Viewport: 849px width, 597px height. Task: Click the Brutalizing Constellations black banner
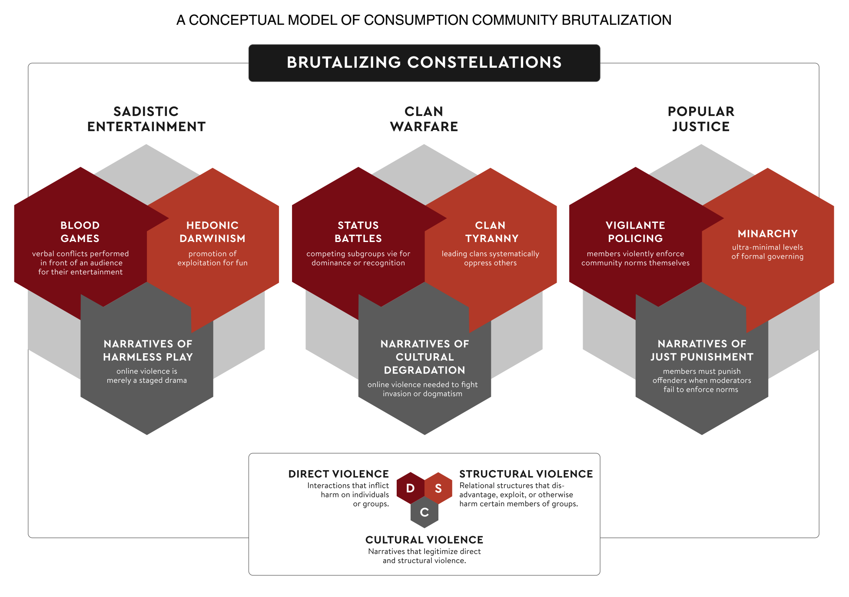coord(424,63)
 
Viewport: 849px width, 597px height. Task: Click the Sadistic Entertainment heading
coord(146,119)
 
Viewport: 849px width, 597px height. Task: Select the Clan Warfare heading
coord(424,119)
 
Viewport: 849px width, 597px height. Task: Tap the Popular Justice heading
coord(701,119)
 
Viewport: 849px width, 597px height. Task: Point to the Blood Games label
coord(80,232)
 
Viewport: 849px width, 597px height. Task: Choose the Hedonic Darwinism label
coord(212,232)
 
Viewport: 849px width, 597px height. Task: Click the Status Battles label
coord(358,232)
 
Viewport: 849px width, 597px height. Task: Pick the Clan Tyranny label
coord(491,232)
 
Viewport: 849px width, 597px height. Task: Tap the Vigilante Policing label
coord(635,232)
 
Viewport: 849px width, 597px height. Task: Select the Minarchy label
coord(767,234)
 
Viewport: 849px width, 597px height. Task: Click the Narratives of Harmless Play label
coord(148,351)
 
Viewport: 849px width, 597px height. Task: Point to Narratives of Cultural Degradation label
coord(424,357)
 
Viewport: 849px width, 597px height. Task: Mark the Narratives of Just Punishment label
coord(702,351)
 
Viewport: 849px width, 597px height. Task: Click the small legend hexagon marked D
coord(410,488)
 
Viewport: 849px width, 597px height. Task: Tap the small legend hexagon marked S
coord(438,488)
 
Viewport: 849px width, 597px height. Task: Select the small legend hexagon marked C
coord(424,513)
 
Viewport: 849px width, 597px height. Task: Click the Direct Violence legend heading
coord(338,474)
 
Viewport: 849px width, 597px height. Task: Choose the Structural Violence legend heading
coord(526,474)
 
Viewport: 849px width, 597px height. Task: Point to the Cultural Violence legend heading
coord(424,540)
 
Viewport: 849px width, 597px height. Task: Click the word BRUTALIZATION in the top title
coord(617,20)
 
